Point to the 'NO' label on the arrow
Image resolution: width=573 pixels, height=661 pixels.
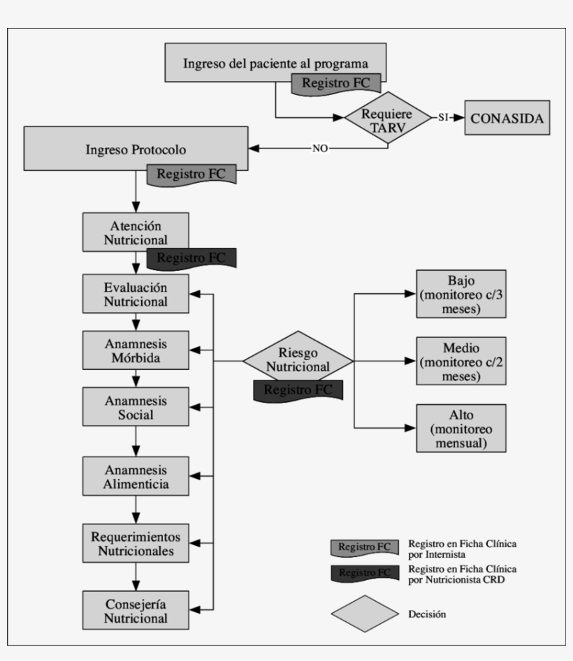(321, 149)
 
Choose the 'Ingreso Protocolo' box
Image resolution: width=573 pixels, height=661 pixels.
(136, 149)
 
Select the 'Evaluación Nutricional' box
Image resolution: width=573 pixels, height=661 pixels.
(136, 295)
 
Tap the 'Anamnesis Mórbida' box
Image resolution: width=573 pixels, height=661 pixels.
(136, 351)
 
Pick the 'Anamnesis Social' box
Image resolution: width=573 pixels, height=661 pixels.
(136, 407)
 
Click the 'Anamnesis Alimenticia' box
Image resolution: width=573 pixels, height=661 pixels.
(136, 476)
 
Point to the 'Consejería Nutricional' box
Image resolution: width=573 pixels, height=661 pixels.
(136, 610)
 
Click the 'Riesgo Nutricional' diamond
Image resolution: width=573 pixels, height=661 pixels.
(298, 360)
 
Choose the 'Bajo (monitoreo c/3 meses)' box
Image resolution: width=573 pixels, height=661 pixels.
(461, 293)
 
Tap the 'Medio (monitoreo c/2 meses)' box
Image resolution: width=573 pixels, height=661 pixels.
(461, 361)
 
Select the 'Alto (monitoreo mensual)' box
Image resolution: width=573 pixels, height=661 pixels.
(461, 428)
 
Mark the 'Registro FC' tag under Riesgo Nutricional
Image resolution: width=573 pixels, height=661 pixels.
(298, 389)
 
